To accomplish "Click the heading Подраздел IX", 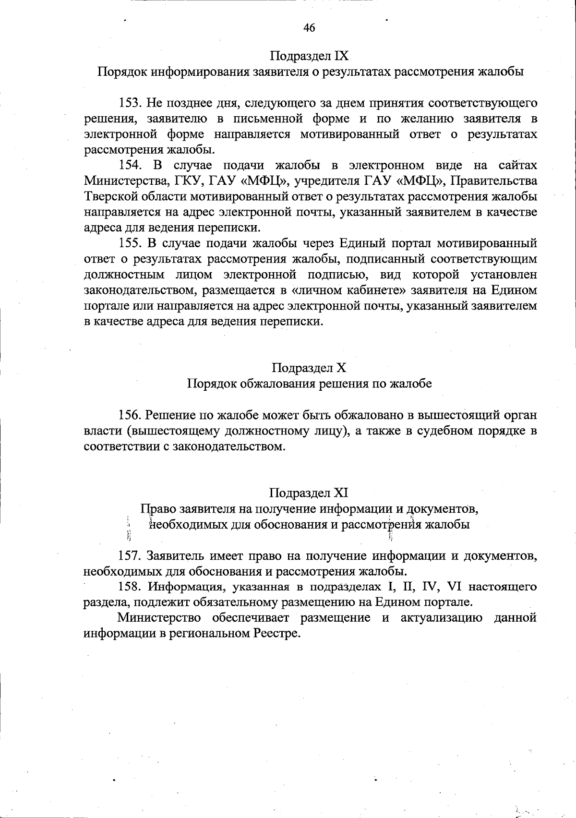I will click(309, 56).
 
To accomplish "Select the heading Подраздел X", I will click(309, 368).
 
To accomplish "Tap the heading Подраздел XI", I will click(309, 493).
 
